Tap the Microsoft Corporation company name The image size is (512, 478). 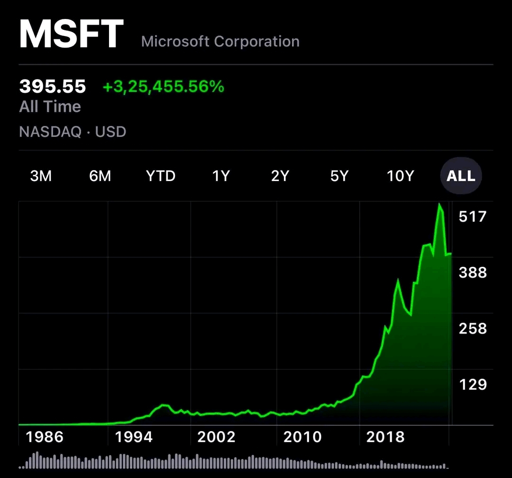tap(220, 41)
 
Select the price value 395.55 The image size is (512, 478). tap(53, 87)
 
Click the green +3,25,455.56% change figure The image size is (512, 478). tap(163, 87)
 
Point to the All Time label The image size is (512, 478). tap(50, 107)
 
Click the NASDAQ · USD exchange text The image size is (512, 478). tap(73, 131)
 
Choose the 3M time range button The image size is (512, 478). tap(41, 176)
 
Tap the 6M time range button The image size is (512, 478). tap(100, 176)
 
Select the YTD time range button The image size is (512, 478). tap(161, 176)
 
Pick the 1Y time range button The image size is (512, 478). tap(221, 176)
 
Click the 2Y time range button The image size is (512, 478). tap(280, 176)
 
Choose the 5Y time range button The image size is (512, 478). tap(339, 176)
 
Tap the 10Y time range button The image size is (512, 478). tap(401, 176)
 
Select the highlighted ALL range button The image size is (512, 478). tap(461, 176)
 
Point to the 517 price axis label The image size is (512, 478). tap(473, 216)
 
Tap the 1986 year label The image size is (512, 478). tap(45, 436)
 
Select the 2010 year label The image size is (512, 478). tap(302, 436)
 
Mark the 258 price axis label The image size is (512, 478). tap(473, 328)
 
